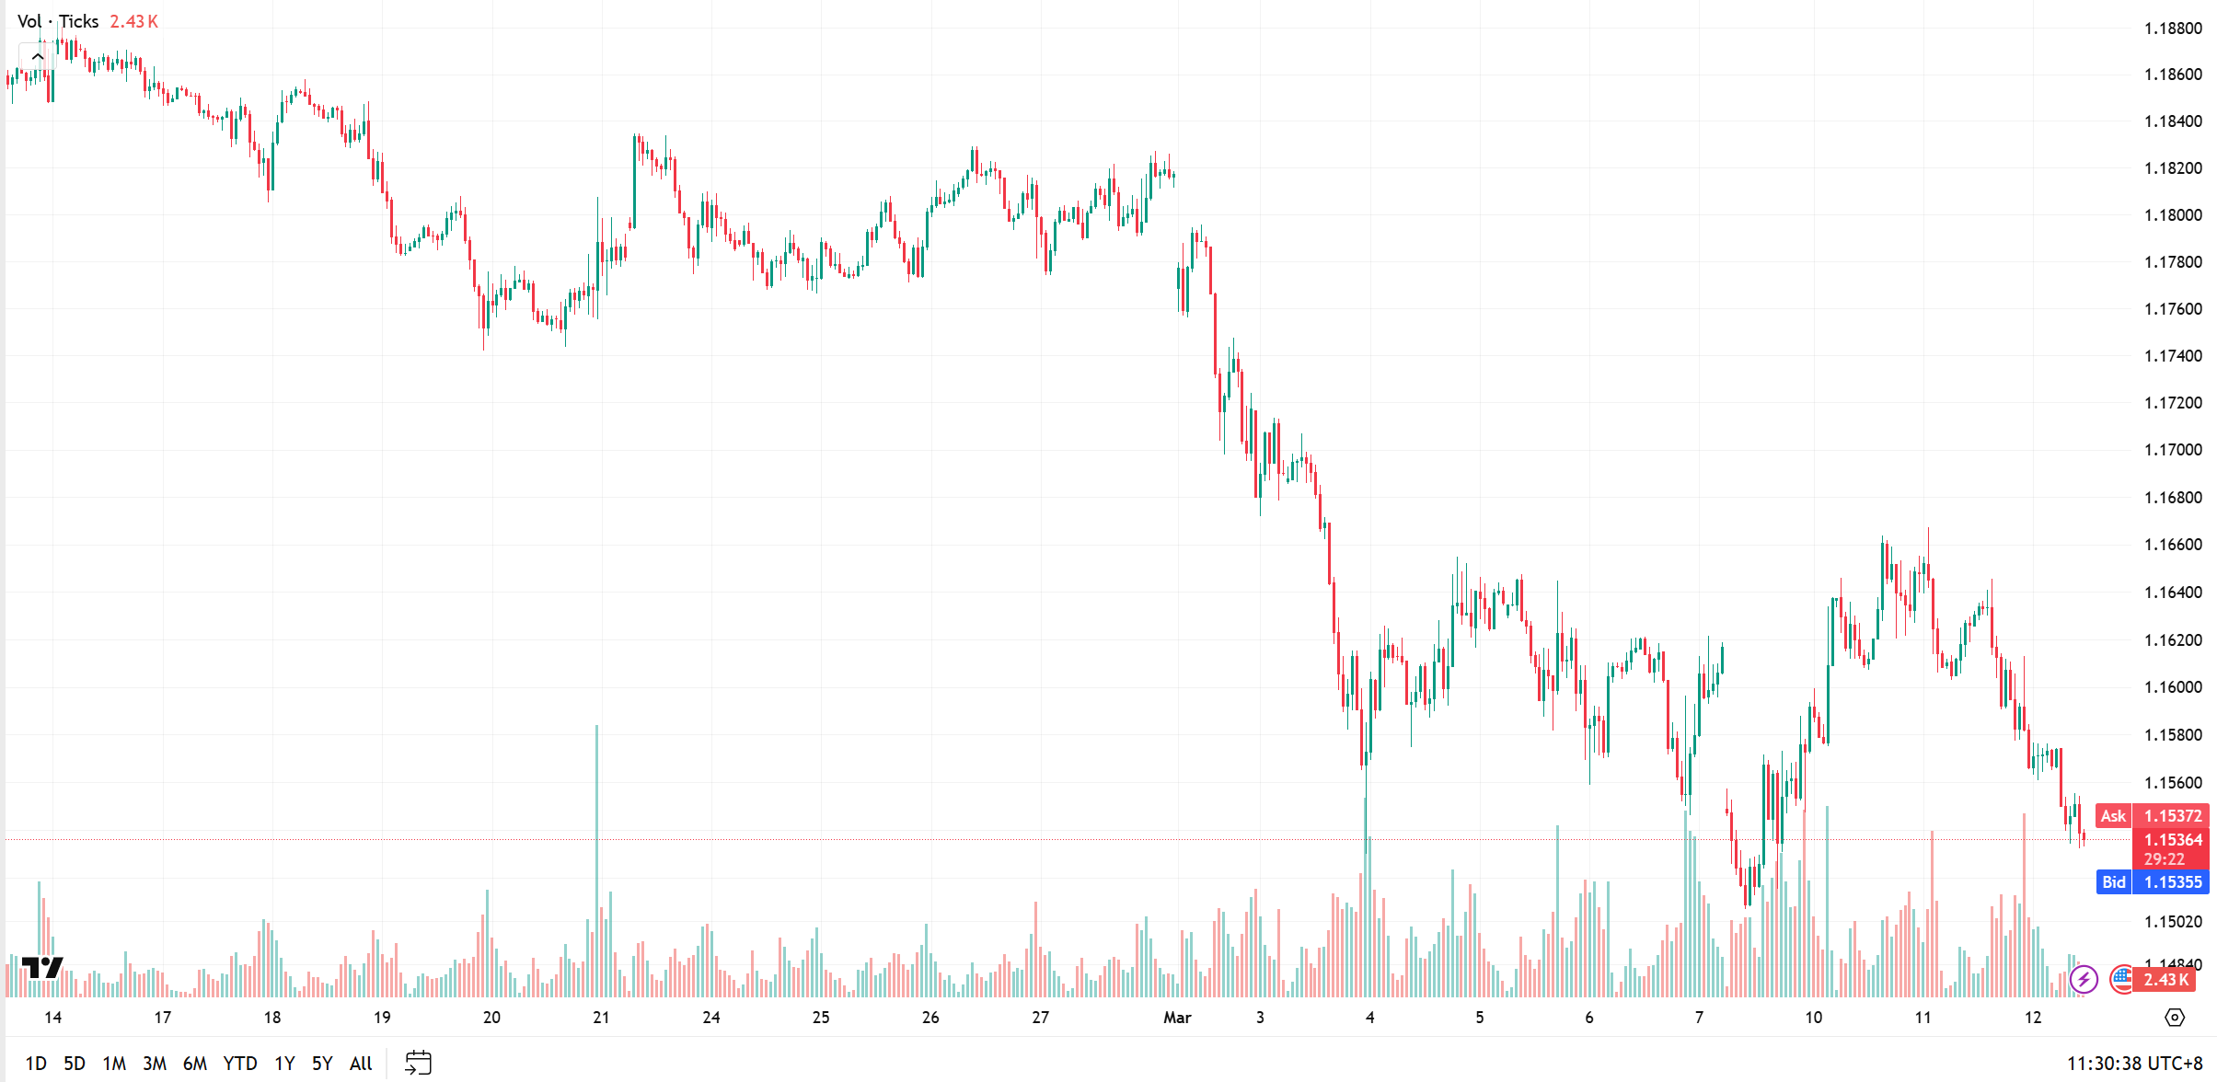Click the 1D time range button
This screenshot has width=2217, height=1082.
pyautogui.click(x=36, y=1064)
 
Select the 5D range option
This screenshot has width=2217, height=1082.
pyautogui.click(x=75, y=1064)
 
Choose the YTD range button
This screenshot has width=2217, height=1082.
pyautogui.click(x=240, y=1064)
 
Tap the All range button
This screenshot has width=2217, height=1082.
pyautogui.click(x=361, y=1064)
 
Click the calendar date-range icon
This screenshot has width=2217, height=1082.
pyautogui.click(x=418, y=1063)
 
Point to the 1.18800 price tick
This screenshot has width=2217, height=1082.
pyautogui.click(x=2173, y=29)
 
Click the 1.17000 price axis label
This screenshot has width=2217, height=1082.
pyautogui.click(x=2173, y=450)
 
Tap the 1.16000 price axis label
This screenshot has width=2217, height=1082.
pyautogui.click(x=2173, y=687)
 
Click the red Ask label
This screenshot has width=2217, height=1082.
pyautogui.click(x=2113, y=816)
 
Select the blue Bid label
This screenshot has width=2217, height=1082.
pyautogui.click(x=2113, y=882)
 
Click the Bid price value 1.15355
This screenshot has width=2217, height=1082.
pyautogui.click(x=2173, y=882)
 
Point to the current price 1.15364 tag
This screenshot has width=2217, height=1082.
pyautogui.click(x=2173, y=840)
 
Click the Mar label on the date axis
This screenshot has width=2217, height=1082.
pyautogui.click(x=1177, y=1018)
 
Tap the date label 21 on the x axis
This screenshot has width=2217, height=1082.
pyautogui.click(x=601, y=1018)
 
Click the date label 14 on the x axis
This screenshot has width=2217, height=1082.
pyautogui.click(x=53, y=1018)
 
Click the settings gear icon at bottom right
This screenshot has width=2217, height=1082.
pyautogui.click(x=2175, y=1018)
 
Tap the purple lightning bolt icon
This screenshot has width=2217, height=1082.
pyautogui.click(x=2084, y=979)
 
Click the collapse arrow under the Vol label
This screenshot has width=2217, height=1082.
pyautogui.click(x=38, y=57)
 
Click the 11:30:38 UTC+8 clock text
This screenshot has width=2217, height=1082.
pyautogui.click(x=2134, y=1064)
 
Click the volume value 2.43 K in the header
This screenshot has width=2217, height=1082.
pyautogui.click(x=134, y=21)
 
